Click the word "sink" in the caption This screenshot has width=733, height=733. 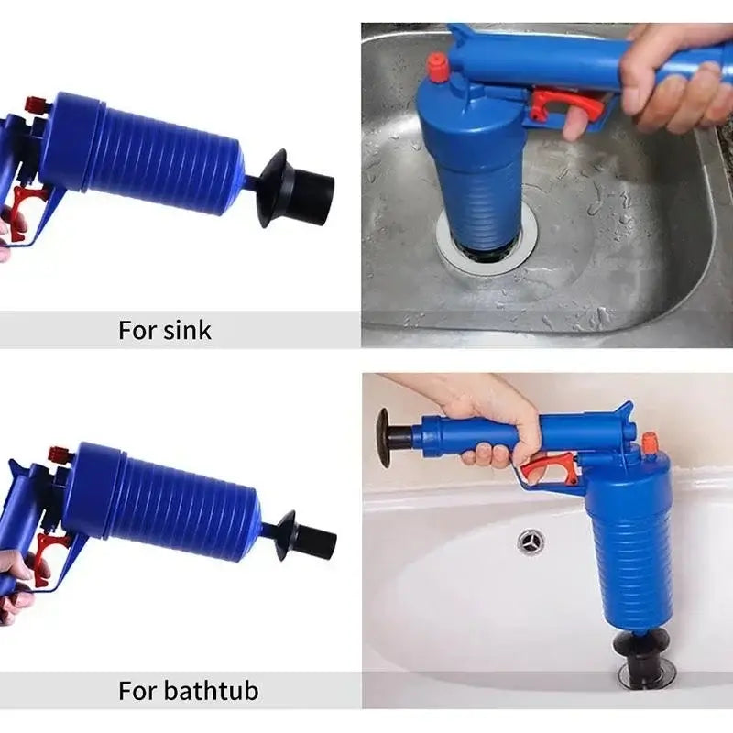(x=187, y=331)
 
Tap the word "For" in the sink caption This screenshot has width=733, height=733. (x=138, y=331)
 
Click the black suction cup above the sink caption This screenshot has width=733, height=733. (x=276, y=188)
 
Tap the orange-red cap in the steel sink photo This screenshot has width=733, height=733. (x=439, y=67)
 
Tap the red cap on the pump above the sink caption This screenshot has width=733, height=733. (x=37, y=103)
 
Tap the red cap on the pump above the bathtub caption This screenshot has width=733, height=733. (x=60, y=454)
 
